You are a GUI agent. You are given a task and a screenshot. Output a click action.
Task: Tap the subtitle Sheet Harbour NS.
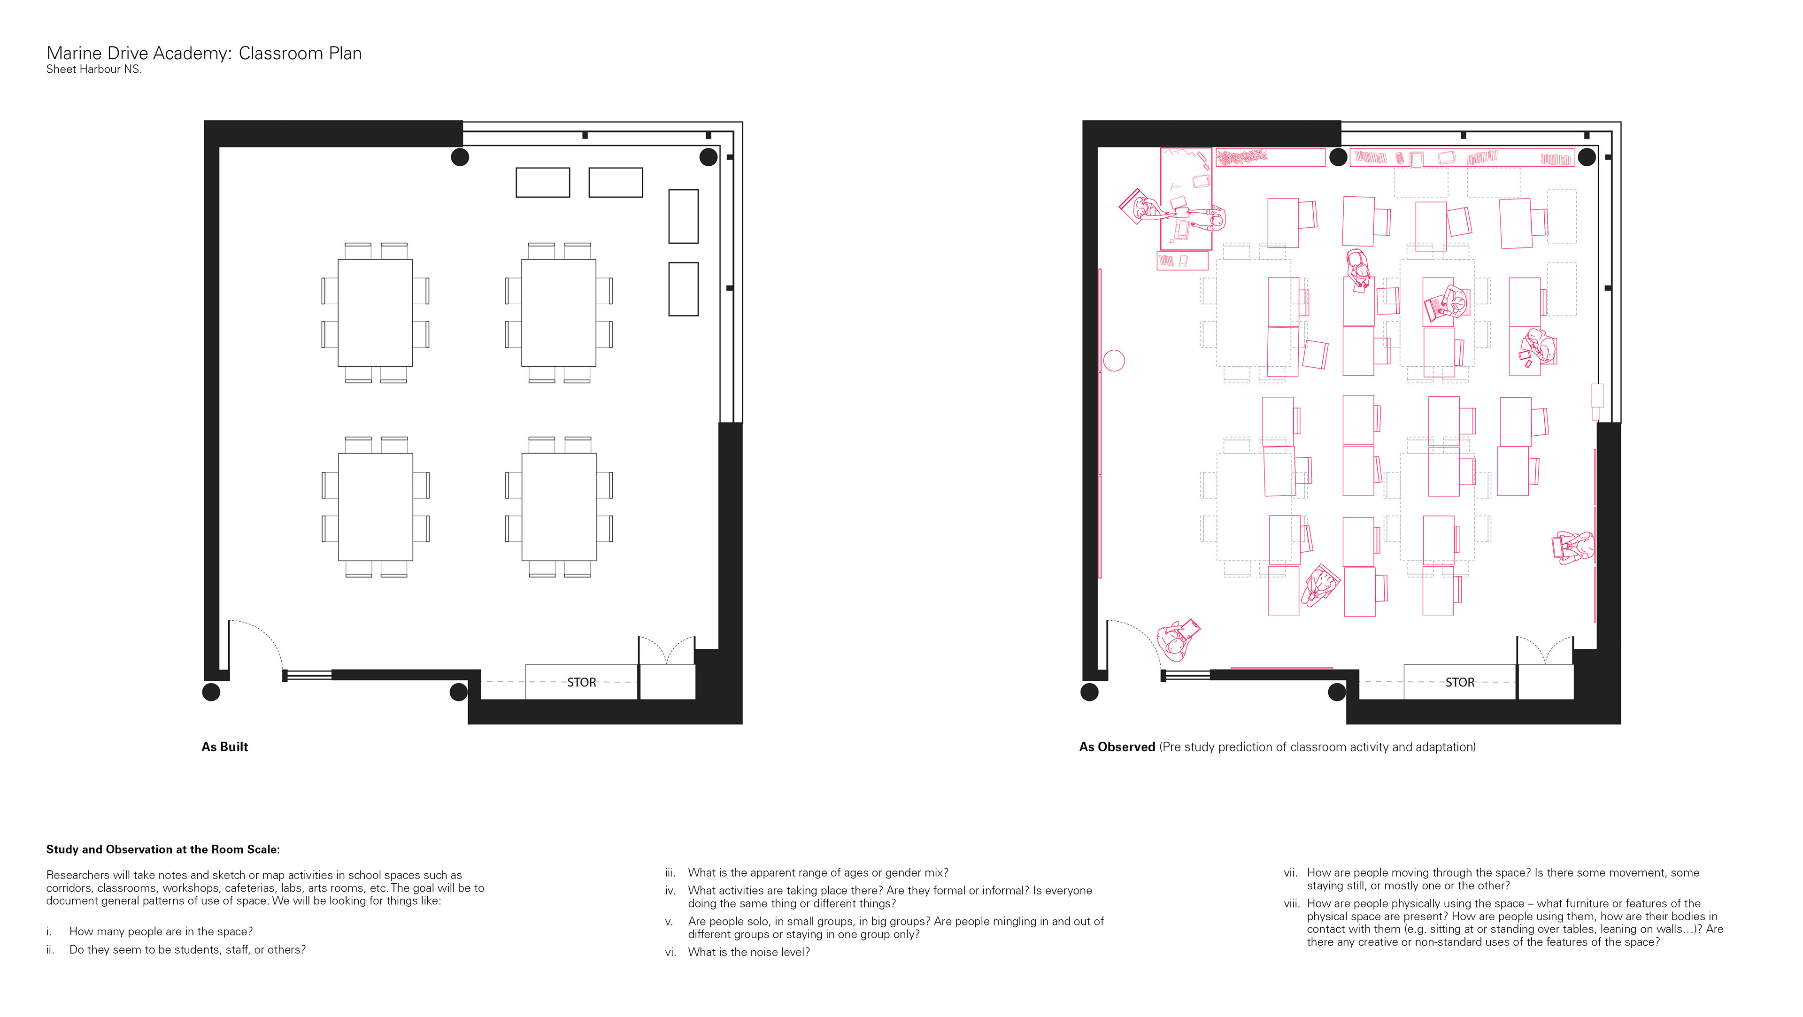pos(94,69)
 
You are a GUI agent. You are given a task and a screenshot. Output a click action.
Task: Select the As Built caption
pos(225,747)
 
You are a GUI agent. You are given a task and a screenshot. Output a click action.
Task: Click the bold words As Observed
pos(1117,747)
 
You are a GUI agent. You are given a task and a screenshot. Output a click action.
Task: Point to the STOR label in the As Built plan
pos(582,682)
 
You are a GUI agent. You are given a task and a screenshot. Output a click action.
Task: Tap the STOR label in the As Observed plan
pos(1460,682)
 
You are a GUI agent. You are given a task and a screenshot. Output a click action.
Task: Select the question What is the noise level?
pos(749,952)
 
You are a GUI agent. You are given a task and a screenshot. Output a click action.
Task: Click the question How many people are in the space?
pos(161,932)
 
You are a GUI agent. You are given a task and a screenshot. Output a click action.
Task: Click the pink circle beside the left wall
pos(1114,361)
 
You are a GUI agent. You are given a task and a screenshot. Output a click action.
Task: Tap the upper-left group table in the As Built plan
pos(375,313)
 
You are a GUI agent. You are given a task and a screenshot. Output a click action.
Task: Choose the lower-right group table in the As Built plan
pos(559,507)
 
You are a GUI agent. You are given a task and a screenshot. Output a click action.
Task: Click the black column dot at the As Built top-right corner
pos(709,157)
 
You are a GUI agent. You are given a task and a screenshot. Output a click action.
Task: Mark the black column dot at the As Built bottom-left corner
pos(211,692)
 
